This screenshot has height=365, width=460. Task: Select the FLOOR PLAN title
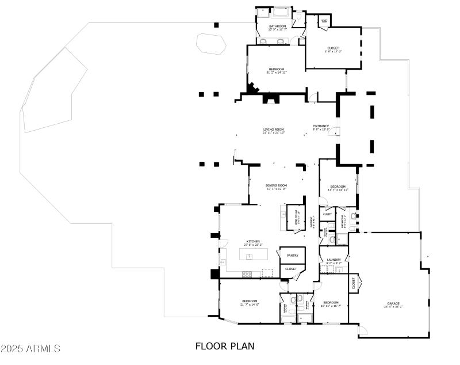(x=225, y=347)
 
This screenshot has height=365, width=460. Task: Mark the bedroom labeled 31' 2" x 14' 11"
(x=276, y=70)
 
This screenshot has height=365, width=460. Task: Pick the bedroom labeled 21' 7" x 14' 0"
(x=250, y=302)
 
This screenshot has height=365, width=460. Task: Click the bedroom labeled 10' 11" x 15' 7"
(x=331, y=304)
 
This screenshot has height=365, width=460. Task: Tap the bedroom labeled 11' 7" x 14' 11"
(x=338, y=188)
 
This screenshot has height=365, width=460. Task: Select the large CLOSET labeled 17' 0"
(x=332, y=50)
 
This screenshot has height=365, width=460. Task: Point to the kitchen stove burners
(x=247, y=273)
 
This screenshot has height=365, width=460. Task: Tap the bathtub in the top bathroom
(x=282, y=12)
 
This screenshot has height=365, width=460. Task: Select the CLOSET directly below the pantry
(x=291, y=269)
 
